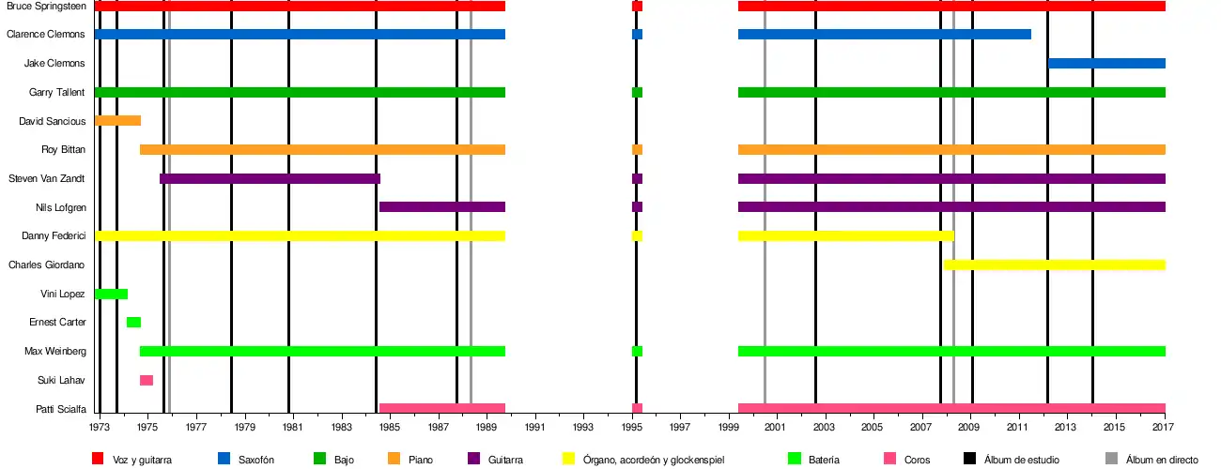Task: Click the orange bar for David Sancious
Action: [117, 121]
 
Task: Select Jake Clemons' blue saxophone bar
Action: [1106, 64]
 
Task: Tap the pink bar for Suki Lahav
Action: [147, 380]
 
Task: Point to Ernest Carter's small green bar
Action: [133, 323]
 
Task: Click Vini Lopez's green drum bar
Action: [111, 294]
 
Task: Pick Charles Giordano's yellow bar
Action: [1054, 265]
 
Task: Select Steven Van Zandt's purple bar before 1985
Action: [270, 178]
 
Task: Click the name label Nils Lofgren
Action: [62, 207]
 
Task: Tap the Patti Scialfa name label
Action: [60, 409]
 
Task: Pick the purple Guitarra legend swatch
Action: [473, 459]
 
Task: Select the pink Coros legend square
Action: [890, 459]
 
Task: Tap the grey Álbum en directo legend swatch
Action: [1111, 459]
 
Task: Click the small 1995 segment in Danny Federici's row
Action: [637, 236]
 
